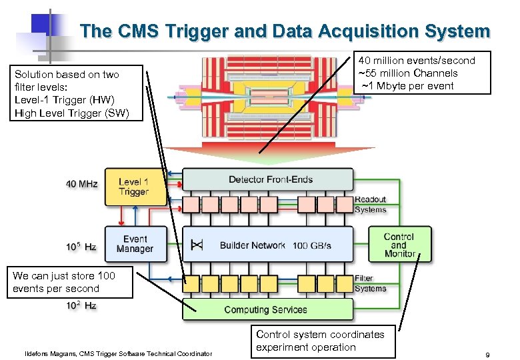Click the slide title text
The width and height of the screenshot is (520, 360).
[x=285, y=31]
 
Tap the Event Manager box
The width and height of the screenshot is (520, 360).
[x=134, y=244]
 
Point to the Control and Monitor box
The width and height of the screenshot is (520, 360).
[x=399, y=245]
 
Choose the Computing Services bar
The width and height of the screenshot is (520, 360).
[x=267, y=309]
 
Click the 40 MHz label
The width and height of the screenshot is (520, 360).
[x=81, y=183]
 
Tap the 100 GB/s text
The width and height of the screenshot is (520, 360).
[x=311, y=245]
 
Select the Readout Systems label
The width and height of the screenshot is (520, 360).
[x=370, y=205]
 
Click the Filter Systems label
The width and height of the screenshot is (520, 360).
[x=370, y=283]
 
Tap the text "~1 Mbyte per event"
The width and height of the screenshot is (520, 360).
[x=407, y=85]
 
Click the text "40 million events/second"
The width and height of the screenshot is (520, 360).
[x=417, y=61]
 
